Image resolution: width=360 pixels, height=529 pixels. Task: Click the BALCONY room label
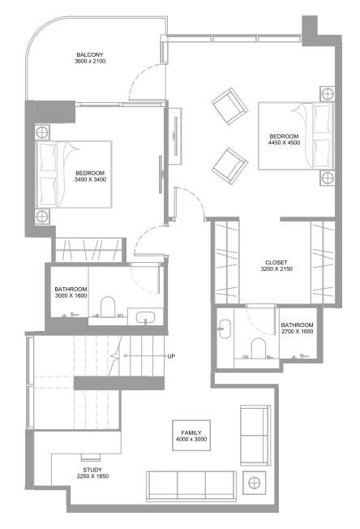point(90,54)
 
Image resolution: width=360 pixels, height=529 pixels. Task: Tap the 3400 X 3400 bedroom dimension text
point(90,179)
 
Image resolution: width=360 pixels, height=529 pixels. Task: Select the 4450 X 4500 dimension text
point(284,143)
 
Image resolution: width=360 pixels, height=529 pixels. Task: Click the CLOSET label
point(276,263)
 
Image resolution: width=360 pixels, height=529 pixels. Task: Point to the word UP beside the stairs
point(171,356)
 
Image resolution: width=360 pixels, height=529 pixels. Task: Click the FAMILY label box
point(191,435)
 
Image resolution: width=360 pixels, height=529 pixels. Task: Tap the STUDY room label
point(92,470)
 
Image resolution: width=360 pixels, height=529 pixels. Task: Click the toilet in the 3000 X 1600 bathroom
point(108,307)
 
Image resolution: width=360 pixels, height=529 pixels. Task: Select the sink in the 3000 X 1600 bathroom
point(145,317)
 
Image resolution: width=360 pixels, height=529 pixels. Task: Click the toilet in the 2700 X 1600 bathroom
point(259,347)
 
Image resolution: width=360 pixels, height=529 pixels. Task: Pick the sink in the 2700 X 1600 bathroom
point(225,329)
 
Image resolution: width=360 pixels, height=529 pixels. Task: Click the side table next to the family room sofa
point(254,483)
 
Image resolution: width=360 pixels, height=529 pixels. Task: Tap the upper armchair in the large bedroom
point(230,106)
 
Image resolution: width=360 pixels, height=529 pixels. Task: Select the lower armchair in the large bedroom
point(230,166)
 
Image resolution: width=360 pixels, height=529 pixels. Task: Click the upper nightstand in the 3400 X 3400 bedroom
point(42,132)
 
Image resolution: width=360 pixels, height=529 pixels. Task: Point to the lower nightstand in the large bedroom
point(328,178)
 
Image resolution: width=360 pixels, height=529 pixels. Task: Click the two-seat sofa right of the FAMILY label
point(255,435)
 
